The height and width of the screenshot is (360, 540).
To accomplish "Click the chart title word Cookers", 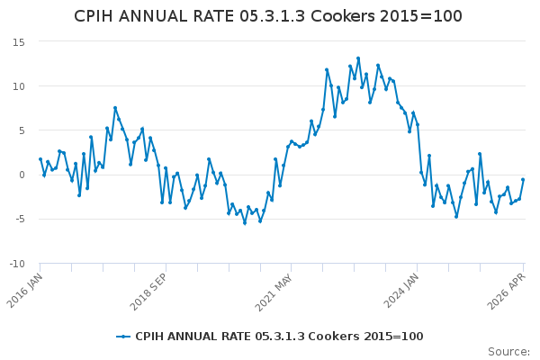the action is tap(343, 16).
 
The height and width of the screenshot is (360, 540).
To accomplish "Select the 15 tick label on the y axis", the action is tap(19, 42).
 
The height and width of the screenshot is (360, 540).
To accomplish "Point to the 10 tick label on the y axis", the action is tap(19, 86).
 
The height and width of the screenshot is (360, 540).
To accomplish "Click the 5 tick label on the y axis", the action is tap(22, 130).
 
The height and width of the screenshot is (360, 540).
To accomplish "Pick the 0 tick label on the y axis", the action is tap(22, 175).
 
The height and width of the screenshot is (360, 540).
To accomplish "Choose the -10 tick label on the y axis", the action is tap(17, 264).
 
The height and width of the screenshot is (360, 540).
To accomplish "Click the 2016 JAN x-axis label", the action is tap(24, 291).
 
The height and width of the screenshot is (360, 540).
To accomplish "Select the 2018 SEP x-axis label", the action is tap(148, 292).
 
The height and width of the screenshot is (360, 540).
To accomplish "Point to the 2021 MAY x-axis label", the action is tap(274, 292).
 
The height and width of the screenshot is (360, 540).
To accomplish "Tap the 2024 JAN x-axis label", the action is tap(401, 291).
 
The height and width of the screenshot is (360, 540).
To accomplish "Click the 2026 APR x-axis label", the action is tap(506, 291).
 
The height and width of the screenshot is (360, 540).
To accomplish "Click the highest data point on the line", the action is tap(358, 58).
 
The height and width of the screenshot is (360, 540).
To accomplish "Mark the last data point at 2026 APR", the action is tap(523, 179).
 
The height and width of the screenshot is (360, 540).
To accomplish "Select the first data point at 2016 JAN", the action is tap(40, 159).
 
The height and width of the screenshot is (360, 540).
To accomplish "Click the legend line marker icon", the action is tap(123, 337).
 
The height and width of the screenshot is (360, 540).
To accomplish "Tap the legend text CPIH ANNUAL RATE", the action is tap(193, 337).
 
